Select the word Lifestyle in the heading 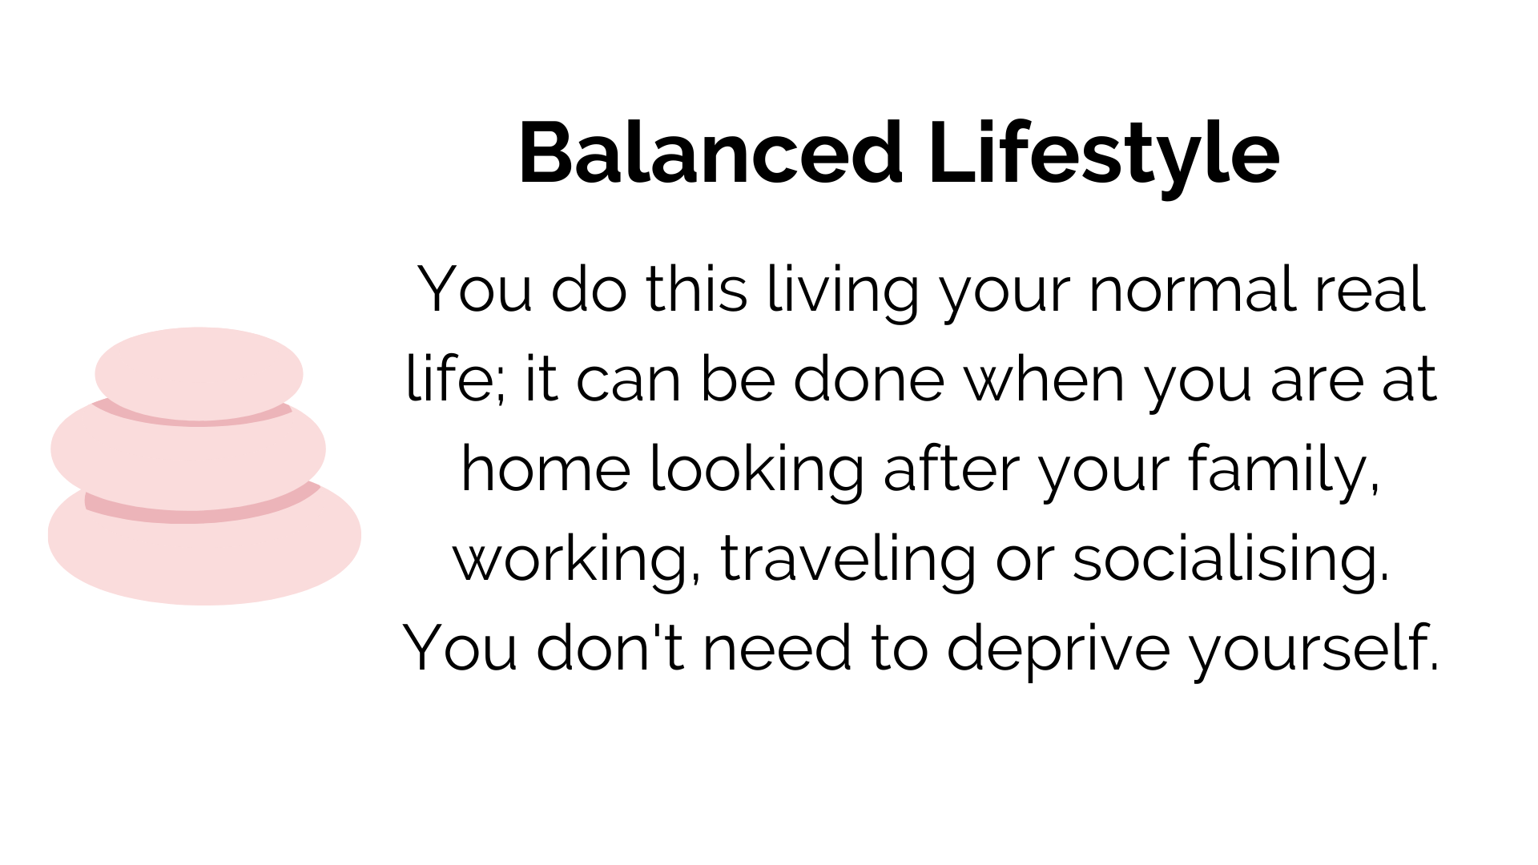pos(1104,159)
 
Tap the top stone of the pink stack pos(199,373)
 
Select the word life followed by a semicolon pos(456,379)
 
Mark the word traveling pos(848,560)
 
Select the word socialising pos(1230,560)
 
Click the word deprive pos(1058,650)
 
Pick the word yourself pos(1315,650)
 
